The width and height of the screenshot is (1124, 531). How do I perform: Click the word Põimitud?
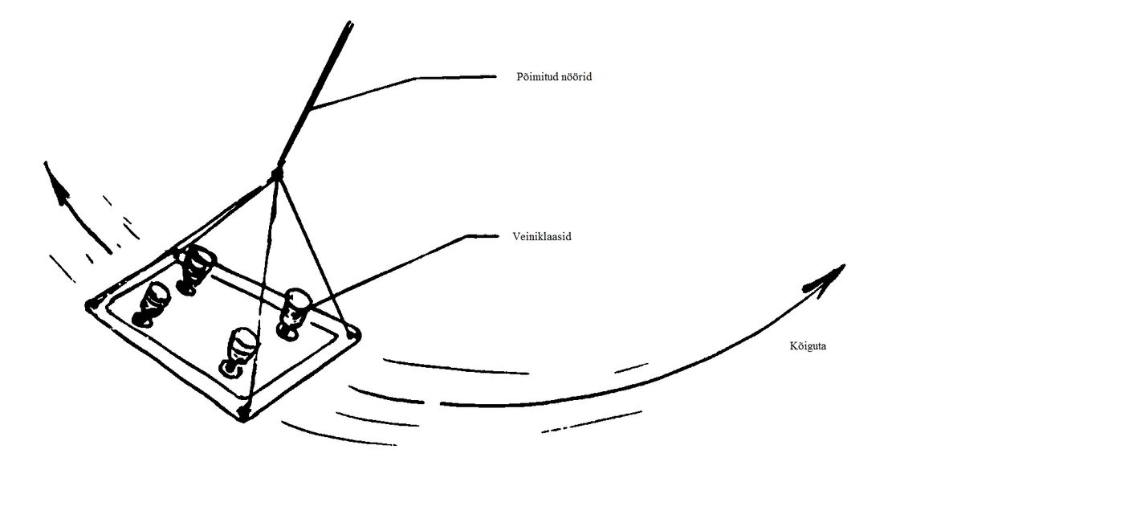[x=536, y=77]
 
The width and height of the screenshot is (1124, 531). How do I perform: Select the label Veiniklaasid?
[x=542, y=236]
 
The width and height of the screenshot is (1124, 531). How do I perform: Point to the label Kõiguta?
[x=808, y=345]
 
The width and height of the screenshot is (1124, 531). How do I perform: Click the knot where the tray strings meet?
[x=276, y=174]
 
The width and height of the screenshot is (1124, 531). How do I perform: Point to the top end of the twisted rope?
[x=350, y=22]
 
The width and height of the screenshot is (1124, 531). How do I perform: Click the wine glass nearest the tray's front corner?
[x=238, y=351]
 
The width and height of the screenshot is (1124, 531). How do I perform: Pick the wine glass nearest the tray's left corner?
[x=151, y=304]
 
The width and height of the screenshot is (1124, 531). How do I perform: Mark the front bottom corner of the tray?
[x=243, y=415]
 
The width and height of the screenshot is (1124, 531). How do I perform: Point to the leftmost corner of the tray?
[x=90, y=305]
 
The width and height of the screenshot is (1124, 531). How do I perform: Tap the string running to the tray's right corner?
[x=314, y=253]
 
